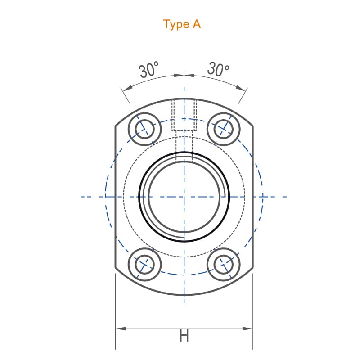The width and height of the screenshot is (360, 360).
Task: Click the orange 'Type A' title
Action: click(182, 24)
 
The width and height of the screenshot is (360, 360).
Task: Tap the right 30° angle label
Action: click(218, 68)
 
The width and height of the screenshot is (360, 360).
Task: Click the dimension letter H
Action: click(184, 335)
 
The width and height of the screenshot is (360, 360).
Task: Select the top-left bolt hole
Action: click(144, 129)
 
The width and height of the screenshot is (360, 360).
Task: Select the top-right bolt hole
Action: click(223, 129)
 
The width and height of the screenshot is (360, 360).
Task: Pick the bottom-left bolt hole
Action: click(144, 264)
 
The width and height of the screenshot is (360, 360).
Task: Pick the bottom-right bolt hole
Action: click(224, 265)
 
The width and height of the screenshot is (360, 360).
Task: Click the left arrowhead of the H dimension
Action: click(121, 328)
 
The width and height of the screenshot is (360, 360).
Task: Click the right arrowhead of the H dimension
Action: click(247, 328)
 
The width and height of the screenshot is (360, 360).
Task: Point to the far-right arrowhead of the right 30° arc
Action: click(241, 88)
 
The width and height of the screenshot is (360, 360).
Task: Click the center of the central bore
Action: click(184, 197)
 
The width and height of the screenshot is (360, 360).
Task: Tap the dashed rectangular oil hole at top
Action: click(184, 115)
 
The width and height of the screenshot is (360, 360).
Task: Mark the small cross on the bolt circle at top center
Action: click(184, 119)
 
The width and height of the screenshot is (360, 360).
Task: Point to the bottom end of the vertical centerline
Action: click(184, 303)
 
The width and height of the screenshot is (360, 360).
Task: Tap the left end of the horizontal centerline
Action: click(81, 197)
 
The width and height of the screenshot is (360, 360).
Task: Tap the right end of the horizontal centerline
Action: click(287, 197)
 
